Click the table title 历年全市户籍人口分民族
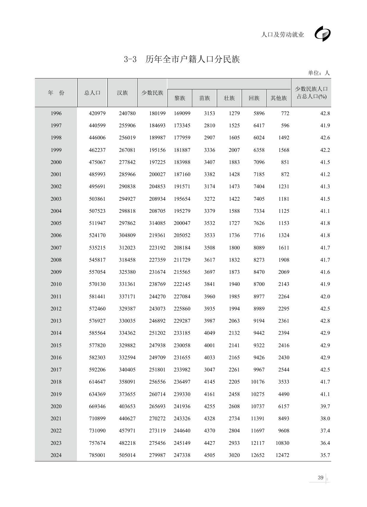[192, 59]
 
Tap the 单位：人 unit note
[319, 73]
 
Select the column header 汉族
[122, 93]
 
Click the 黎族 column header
[180, 98]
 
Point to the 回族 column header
[254, 98]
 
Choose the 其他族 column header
[279, 98]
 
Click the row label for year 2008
[56, 260]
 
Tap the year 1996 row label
[56, 113]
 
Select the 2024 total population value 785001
[97, 455]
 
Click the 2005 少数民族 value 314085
[157, 223]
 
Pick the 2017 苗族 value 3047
[209, 370]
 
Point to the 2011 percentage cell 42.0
[325, 297]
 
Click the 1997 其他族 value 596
[285, 125]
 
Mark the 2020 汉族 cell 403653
[127, 406]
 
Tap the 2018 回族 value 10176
[258, 382]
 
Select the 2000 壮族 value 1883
[234, 162]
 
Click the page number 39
[321, 477]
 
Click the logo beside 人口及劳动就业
[323, 34]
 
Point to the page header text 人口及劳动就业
[282, 35]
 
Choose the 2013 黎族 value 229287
[182, 321]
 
